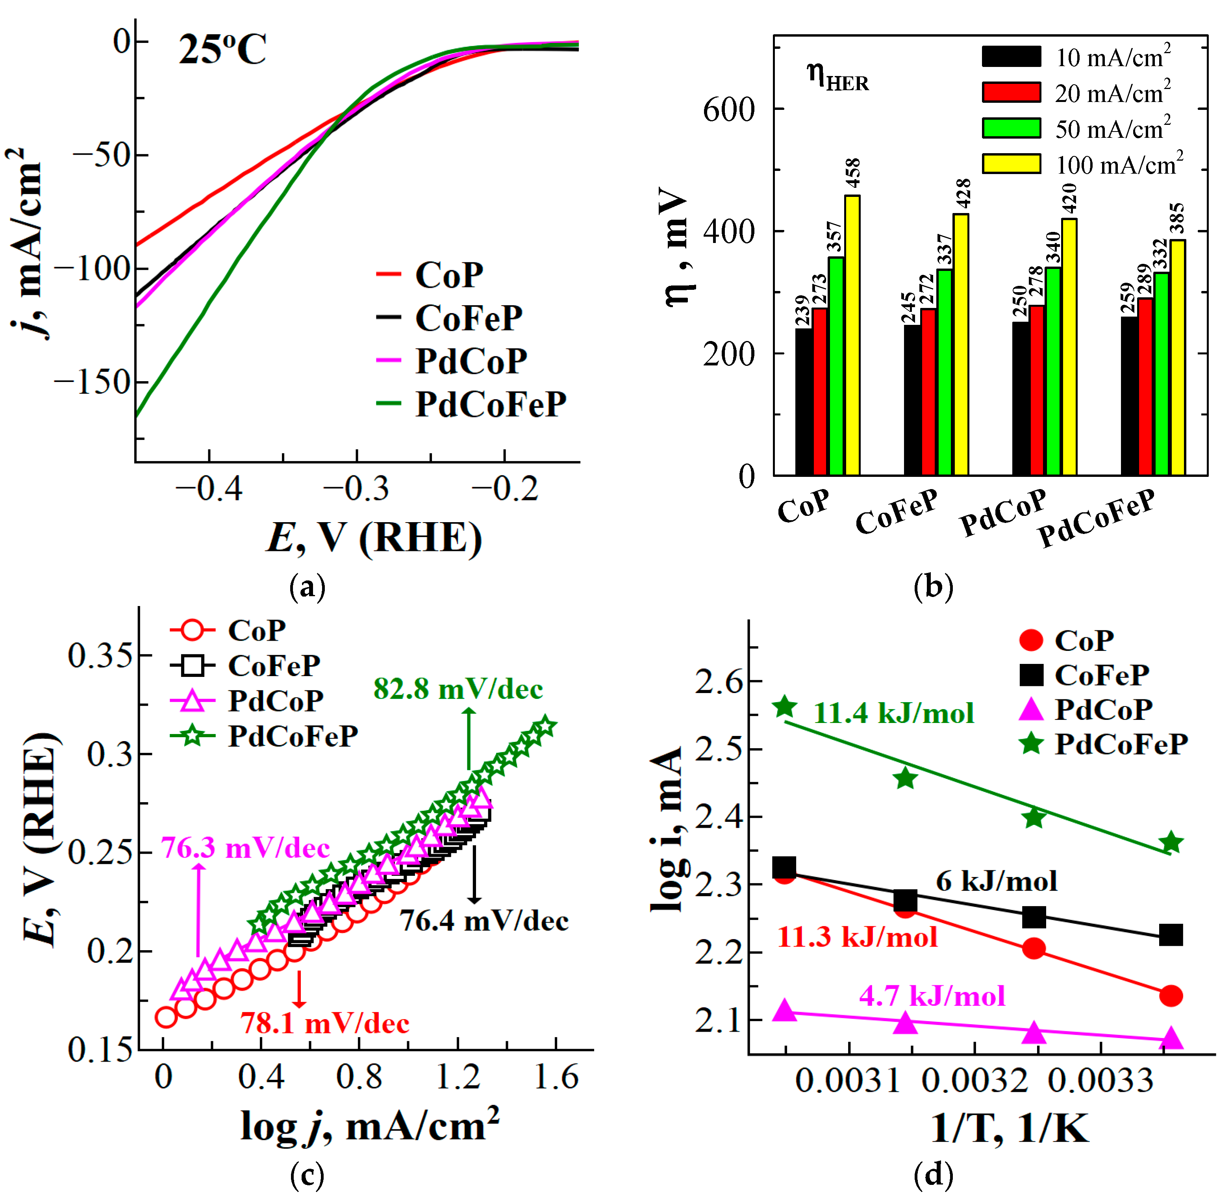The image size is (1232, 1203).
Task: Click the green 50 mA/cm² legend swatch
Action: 1011,128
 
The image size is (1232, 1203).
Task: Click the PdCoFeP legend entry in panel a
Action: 490,404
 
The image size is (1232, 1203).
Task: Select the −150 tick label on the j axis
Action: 92,382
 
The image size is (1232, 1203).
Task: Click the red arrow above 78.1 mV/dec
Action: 300,989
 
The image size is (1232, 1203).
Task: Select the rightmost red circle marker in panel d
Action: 1171,996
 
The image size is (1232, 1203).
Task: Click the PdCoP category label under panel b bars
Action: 1003,513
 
